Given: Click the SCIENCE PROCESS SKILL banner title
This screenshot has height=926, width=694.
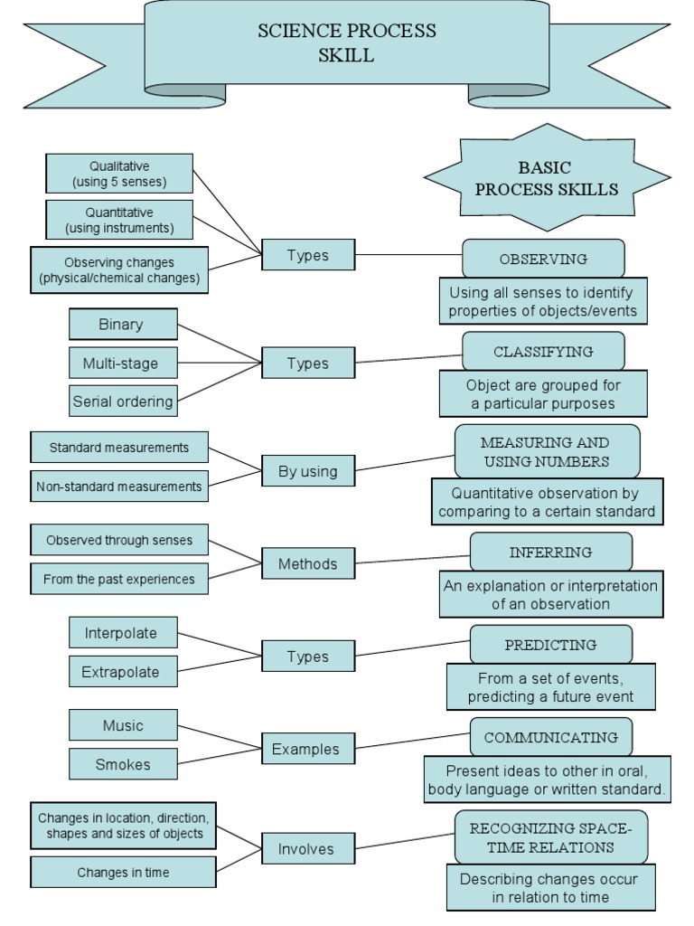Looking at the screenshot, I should tap(347, 43).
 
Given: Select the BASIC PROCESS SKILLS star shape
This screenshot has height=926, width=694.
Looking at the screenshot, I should tap(547, 178).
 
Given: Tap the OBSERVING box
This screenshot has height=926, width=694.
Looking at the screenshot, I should tap(543, 259).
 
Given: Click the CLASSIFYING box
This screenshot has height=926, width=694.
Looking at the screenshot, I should tap(543, 351).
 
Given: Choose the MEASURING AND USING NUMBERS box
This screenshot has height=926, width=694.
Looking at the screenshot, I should tap(547, 451).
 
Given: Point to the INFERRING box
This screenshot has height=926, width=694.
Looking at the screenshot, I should tap(550, 552).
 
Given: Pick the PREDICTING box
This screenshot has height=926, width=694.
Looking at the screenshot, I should tap(550, 645).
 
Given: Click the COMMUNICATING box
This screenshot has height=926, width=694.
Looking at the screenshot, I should tap(550, 737).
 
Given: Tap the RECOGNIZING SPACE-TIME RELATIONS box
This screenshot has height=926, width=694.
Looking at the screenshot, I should tap(550, 837).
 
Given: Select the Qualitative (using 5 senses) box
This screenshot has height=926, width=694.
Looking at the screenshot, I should tap(119, 174).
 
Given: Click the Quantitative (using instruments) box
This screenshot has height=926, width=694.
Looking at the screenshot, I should tap(119, 220).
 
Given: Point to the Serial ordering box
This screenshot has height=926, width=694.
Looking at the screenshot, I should tap(123, 401).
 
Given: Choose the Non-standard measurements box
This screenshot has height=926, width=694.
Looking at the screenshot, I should tap(119, 486).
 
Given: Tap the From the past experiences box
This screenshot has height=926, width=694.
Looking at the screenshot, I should tap(119, 579).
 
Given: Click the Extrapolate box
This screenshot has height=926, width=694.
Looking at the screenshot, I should tap(123, 672).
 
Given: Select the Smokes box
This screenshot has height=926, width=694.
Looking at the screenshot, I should tap(123, 764).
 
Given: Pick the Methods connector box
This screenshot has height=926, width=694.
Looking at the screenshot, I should tap(307, 563).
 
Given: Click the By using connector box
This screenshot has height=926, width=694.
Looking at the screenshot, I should tap(307, 470).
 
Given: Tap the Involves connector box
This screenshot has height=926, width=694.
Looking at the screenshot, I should tap(307, 849).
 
